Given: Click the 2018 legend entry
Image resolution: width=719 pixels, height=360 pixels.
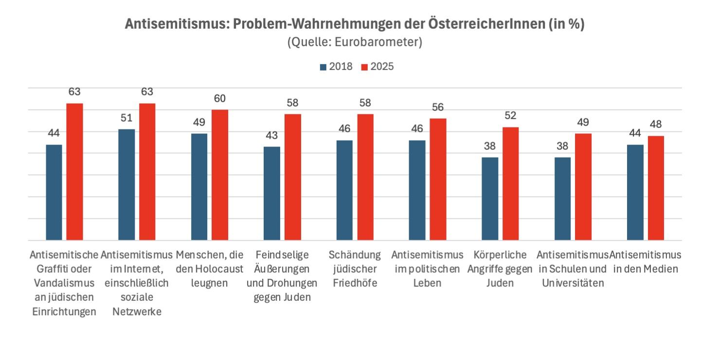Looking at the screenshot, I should (336, 67).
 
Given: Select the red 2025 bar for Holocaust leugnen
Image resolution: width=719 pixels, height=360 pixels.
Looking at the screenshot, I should (220, 175).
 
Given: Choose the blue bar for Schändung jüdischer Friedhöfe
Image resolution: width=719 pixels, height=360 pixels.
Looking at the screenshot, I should (344, 190).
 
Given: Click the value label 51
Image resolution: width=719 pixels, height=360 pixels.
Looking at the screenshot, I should (126, 118).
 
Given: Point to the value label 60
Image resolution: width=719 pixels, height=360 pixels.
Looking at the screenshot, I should (220, 99).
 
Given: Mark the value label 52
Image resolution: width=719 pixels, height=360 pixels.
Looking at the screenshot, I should (510, 116).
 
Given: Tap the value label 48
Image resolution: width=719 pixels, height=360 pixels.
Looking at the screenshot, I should (656, 125).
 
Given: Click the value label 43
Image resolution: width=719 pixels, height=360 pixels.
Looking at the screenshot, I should (272, 136).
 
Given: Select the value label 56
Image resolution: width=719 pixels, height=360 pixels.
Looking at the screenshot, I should (438, 108).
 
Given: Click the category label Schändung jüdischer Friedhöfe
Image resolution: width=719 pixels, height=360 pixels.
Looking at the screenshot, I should (355, 269).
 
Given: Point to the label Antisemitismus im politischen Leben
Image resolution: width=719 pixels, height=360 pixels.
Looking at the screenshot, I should (427, 269).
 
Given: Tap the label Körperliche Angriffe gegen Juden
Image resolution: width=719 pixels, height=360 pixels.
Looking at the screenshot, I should (500, 269).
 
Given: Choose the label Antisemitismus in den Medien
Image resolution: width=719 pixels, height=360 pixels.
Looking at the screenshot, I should (646, 262).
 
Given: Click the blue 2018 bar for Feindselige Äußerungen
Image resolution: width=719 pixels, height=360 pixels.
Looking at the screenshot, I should (272, 193).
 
